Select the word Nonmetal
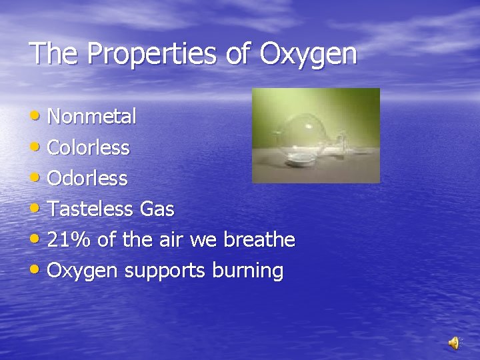point(92,117)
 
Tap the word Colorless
point(88,147)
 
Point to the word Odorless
point(87,178)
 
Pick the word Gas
point(157,209)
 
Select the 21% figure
point(70,240)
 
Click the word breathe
point(259,240)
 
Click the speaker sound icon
point(454,343)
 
